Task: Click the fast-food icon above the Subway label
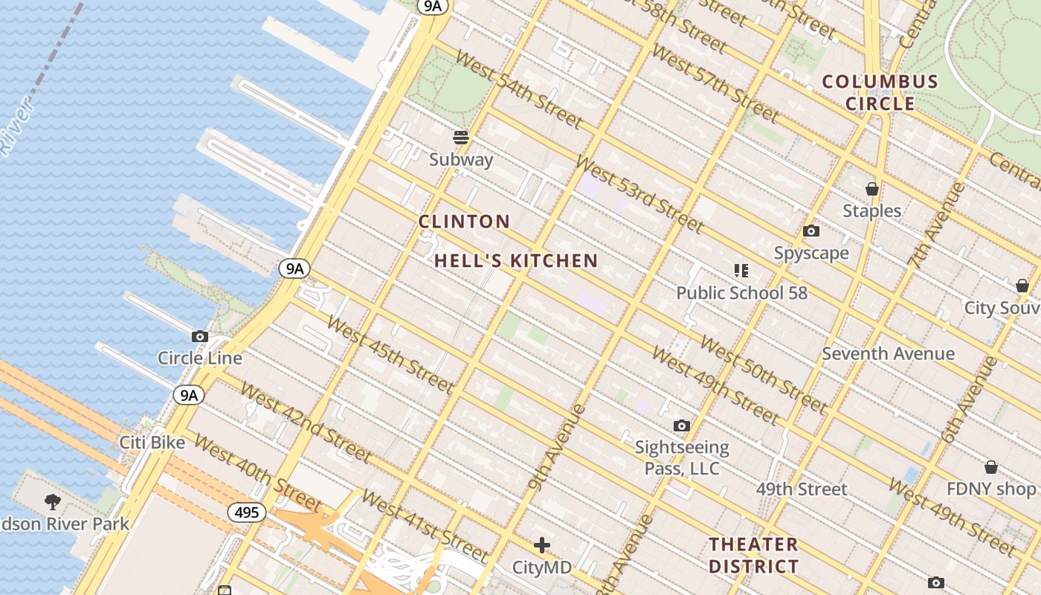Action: coord(461,137)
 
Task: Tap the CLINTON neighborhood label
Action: coord(464,222)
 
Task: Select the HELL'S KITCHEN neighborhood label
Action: coord(516,261)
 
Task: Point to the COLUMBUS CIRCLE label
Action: coord(880,92)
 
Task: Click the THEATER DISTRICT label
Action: coord(753,555)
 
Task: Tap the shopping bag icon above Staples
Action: coord(871,189)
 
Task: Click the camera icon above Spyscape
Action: coord(811,231)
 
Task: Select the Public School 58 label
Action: coord(741,293)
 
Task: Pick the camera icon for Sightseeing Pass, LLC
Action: coord(681,426)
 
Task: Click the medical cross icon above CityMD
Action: coord(542,545)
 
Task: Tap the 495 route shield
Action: coord(246,512)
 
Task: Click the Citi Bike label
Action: coord(152,443)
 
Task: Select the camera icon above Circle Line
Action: coord(199,336)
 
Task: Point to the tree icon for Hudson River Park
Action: coord(52,501)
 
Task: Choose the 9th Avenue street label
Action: coord(556,447)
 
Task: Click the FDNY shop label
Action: coord(990,489)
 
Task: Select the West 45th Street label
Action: coord(390,355)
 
